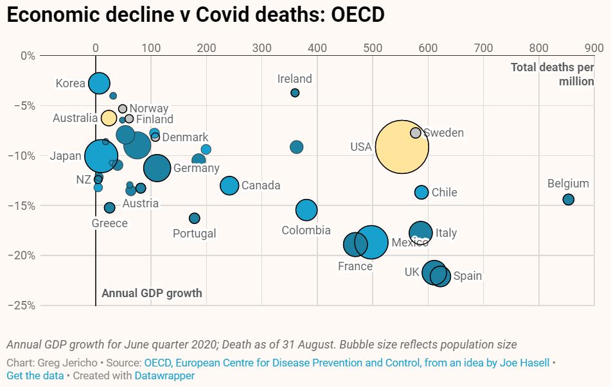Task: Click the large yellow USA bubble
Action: (402, 147)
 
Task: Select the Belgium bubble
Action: (568, 200)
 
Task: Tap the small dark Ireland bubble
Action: (295, 93)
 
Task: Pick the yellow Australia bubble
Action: (109, 118)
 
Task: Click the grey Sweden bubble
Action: (416, 133)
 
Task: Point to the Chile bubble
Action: (421, 192)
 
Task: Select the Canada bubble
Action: (229, 185)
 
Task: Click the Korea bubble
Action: (99, 83)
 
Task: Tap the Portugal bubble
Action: (195, 218)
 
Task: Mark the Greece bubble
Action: (110, 207)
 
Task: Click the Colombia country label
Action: (306, 230)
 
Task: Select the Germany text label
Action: (197, 168)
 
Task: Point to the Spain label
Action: (468, 276)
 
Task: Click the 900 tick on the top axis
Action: (594, 47)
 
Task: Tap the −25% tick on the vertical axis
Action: (22, 305)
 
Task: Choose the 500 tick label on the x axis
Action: (373, 47)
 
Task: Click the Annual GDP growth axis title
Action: (152, 293)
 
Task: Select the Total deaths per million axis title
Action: (553, 74)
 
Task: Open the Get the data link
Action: (35, 375)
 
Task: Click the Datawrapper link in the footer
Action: (164, 375)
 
